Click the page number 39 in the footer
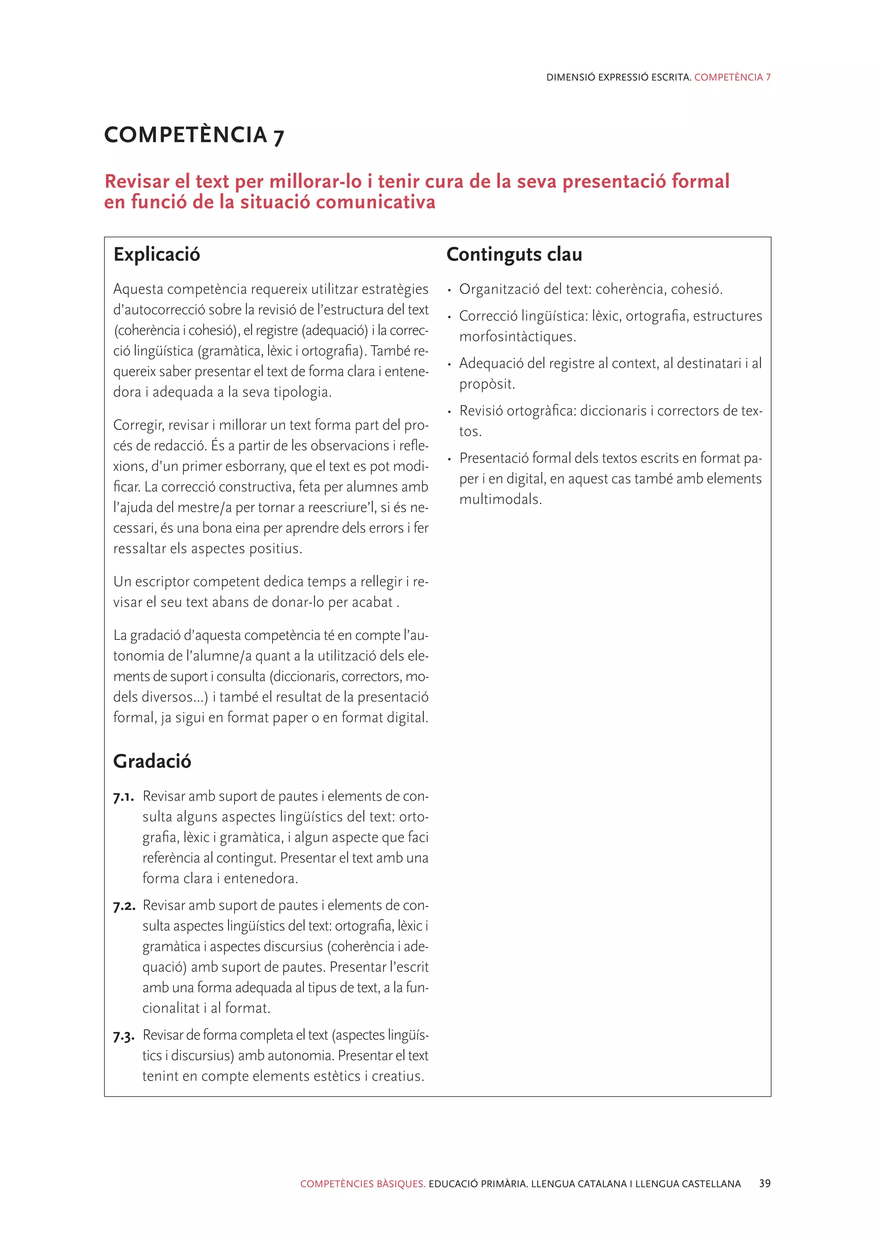pyautogui.click(x=764, y=1183)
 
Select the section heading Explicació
pyautogui.click(x=156, y=254)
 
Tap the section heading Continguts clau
pyautogui.click(x=514, y=254)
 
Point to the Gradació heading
pyautogui.click(x=152, y=761)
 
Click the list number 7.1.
pyautogui.click(x=123, y=797)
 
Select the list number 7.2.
pyautogui.click(x=124, y=906)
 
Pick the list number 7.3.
pyautogui.click(x=124, y=1036)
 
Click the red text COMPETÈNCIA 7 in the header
pyautogui.click(x=732, y=77)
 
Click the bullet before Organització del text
pyautogui.click(x=449, y=291)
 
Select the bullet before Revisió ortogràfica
pyautogui.click(x=449, y=412)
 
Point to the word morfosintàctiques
pyautogui.click(x=517, y=337)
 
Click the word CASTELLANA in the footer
pyautogui.click(x=711, y=1184)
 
